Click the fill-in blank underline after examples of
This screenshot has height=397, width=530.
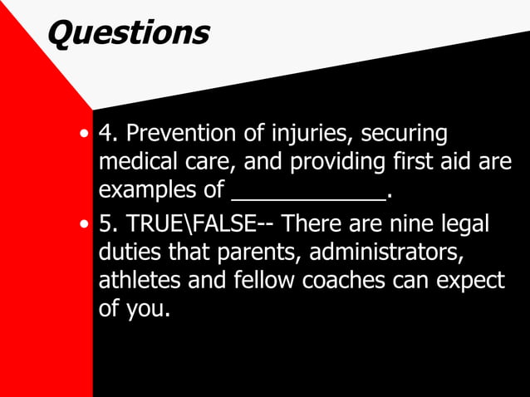[x=308, y=198]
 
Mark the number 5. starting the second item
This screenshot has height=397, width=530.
[x=108, y=226]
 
